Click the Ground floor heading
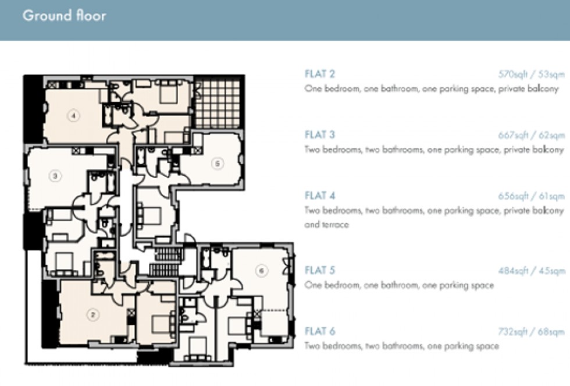tap(64, 16)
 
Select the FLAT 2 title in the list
tap(319, 74)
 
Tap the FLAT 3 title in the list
tap(319, 135)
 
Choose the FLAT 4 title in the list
tap(319, 196)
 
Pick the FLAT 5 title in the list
tap(319, 271)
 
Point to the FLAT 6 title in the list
tap(319, 332)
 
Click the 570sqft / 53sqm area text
tap(531, 75)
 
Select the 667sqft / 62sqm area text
tap(531, 136)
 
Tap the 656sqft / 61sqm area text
tap(531, 196)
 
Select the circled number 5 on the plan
tap(217, 164)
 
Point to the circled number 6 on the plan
tap(261, 271)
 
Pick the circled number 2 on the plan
tap(92, 316)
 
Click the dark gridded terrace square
tap(217, 104)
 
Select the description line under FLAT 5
tap(399, 285)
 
